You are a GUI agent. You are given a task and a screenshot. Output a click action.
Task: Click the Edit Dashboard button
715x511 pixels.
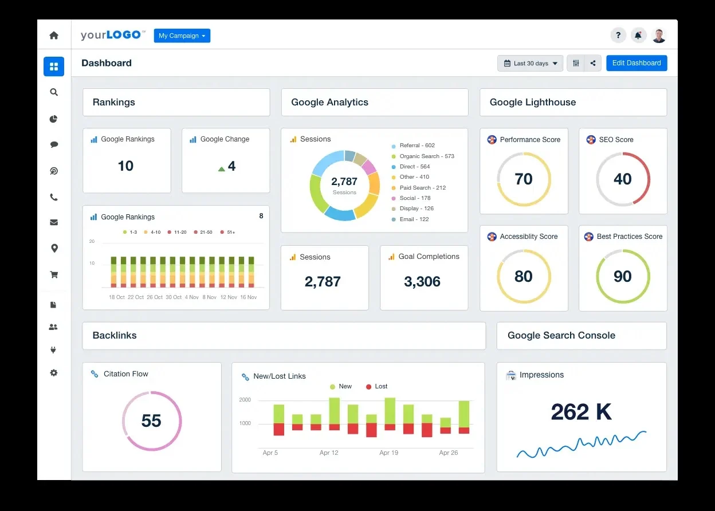point(637,63)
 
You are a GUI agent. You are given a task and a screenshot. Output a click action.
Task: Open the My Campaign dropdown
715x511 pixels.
point(182,36)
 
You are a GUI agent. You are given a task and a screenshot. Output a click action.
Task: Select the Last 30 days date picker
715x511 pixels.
point(531,64)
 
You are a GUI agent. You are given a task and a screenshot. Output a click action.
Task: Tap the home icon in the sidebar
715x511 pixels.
point(54,36)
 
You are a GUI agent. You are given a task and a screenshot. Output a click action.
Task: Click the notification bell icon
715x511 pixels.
point(638,36)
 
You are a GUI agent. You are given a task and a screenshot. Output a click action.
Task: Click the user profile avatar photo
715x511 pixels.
point(659,36)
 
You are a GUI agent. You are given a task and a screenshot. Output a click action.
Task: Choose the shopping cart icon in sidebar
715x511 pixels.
point(54,274)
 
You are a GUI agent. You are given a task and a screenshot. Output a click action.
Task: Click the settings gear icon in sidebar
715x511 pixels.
point(54,373)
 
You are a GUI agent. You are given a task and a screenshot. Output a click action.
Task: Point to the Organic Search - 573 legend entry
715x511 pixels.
point(426,156)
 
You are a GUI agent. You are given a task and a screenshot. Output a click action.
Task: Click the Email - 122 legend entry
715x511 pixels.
point(414,219)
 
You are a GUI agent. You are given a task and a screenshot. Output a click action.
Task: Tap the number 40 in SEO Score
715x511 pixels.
point(623,179)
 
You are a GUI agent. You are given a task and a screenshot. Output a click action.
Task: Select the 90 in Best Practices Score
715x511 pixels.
point(623,276)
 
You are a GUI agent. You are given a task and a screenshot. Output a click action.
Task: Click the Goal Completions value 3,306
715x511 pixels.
point(422,282)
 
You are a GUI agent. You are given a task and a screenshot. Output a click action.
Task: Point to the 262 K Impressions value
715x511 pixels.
point(581,412)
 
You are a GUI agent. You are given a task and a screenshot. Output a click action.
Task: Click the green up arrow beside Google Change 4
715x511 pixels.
point(222,169)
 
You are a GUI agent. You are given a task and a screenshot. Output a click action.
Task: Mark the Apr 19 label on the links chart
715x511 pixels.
point(388,453)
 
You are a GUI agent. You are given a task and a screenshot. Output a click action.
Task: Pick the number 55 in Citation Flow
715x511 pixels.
point(151,421)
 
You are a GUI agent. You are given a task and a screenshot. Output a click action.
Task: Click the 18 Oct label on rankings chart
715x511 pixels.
point(116,297)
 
